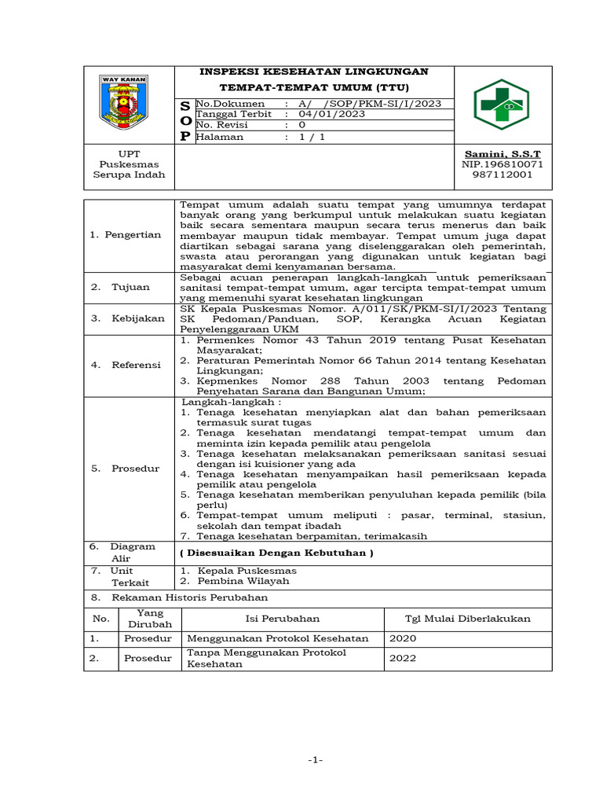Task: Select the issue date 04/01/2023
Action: pos(326,114)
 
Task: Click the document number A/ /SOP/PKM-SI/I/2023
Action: pos(368,104)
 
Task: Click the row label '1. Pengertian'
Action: pos(126,234)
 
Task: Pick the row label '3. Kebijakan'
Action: pos(127,318)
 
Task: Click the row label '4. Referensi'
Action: pos(126,365)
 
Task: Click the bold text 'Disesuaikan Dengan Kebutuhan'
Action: pos(276,553)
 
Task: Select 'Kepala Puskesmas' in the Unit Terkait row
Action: pos(247,570)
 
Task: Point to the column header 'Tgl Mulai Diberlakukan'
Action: pos(467,619)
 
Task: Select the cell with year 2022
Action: pos(404,658)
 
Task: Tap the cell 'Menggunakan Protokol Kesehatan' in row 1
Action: pos(277,638)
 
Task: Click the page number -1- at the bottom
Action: pos(316,760)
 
